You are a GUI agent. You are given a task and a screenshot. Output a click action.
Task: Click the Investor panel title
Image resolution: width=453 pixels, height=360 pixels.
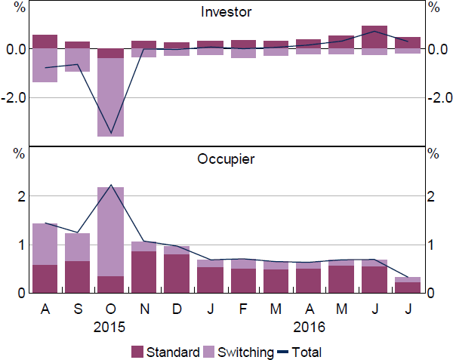(x=226, y=12)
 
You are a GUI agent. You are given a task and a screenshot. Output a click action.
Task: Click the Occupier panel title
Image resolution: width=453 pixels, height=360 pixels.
(x=226, y=159)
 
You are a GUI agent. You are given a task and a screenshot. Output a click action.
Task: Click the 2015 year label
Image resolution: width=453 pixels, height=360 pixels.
(x=111, y=328)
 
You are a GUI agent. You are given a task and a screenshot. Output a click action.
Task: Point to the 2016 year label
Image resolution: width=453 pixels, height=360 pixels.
(x=308, y=328)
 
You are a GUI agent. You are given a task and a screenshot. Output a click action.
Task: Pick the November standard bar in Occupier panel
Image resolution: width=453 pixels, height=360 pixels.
(x=143, y=272)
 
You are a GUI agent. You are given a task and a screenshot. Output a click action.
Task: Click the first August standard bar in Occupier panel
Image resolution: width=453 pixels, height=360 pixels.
(x=45, y=278)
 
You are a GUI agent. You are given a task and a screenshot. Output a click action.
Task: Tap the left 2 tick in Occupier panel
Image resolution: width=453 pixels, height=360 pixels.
(x=21, y=196)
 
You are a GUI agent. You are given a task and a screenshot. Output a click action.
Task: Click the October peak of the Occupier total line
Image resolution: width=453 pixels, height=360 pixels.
(x=111, y=185)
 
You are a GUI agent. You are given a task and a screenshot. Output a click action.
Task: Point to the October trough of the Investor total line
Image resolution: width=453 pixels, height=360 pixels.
(x=111, y=134)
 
